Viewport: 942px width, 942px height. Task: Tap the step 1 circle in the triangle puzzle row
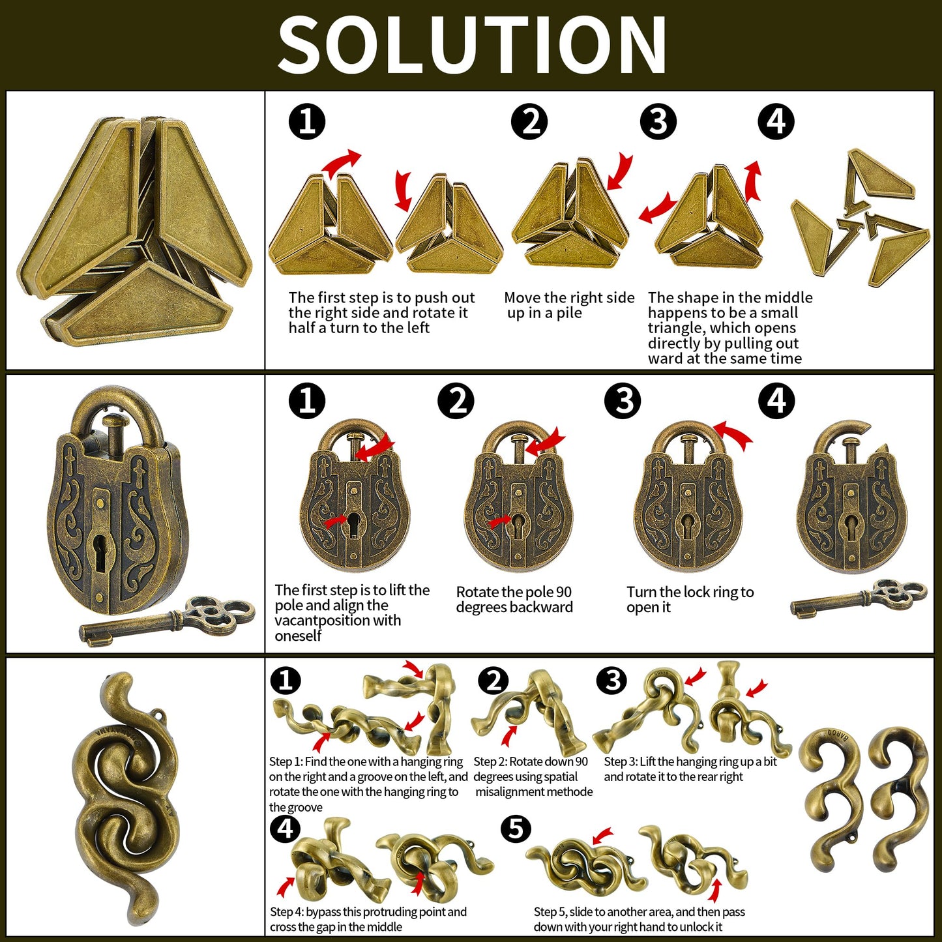[x=307, y=122]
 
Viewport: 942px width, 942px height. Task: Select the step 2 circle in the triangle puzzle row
[x=529, y=122]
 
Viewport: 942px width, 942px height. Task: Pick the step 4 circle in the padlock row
[x=776, y=401]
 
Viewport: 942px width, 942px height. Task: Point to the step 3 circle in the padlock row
[x=623, y=401]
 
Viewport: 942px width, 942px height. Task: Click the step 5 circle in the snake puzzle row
[x=516, y=829]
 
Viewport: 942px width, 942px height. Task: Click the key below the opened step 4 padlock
[x=859, y=599]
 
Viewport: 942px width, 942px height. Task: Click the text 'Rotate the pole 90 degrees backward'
[x=514, y=600]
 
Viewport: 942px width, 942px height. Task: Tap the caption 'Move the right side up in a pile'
[x=569, y=305]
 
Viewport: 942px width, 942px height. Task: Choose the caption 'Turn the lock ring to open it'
[x=690, y=600]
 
